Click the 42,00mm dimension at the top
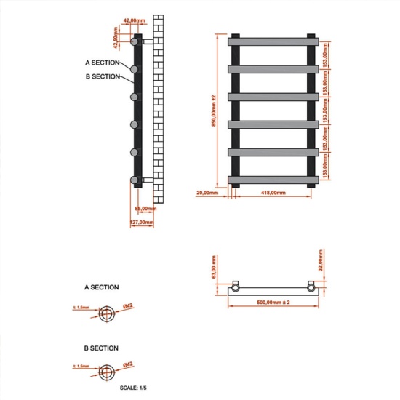[x=135, y=20]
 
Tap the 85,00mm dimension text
[x=145, y=209]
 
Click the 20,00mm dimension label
[x=207, y=193]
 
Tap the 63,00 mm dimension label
[x=215, y=267]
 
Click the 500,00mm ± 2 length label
[x=273, y=301]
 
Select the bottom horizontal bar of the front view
[x=273, y=177]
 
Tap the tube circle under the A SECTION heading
[x=108, y=312]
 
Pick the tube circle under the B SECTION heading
[x=108, y=369]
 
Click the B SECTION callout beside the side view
[x=103, y=76]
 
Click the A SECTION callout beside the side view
[x=103, y=63]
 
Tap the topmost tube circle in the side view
[x=135, y=41]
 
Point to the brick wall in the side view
[x=159, y=109]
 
